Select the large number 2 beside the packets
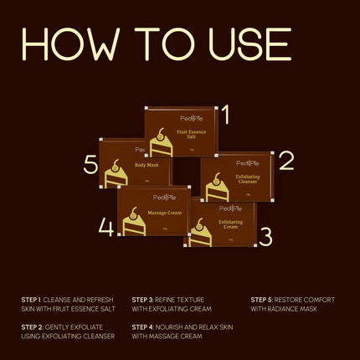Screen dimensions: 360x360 coord(286,161)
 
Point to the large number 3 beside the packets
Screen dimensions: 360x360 coord(265,237)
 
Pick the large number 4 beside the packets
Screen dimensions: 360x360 coord(105,227)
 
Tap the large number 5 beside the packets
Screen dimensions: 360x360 coord(90,165)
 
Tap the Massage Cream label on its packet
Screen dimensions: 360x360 coord(165,213)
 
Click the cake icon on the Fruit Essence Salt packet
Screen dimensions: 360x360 coord(161,145)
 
